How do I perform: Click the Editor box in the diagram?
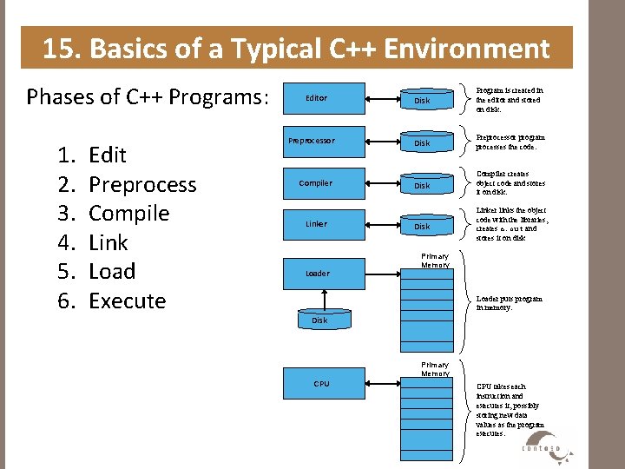316,98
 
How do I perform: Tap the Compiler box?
315,183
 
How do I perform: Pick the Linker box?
316,224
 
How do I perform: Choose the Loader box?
317,274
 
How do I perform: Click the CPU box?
321,383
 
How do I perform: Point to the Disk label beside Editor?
422,101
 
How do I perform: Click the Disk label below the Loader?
319,320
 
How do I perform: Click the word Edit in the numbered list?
108,155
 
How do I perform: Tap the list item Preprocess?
142,185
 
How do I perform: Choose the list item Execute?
127,301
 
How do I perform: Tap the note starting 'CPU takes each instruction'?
510,409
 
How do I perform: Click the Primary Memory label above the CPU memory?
435,369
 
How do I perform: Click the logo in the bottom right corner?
545,446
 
